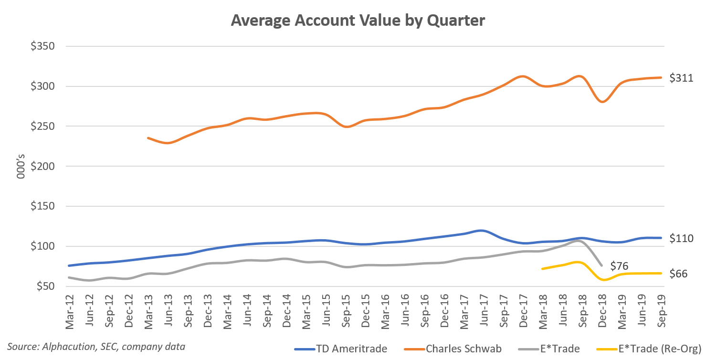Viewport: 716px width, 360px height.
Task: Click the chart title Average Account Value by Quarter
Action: click(x=358, y=21)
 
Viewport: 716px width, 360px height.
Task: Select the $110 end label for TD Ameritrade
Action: click(x=682, y=238)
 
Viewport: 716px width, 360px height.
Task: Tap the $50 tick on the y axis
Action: click(x=44, y=286)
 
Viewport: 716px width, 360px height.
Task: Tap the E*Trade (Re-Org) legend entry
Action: click(x=661, y=349)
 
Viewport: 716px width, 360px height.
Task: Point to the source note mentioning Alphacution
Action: click(x=95, y=346)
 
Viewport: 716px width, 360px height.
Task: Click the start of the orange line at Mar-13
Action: click(x=148, y=138)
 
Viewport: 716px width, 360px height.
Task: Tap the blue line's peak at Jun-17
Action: click(x=481, y=231)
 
